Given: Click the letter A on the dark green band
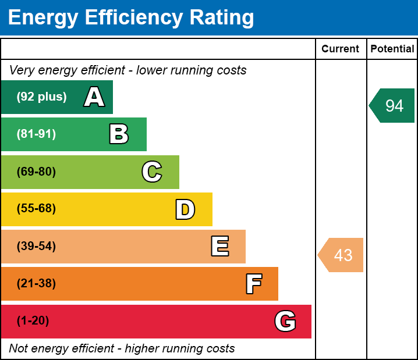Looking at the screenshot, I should coord(94,97).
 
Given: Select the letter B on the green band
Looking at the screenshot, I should coord(119,134).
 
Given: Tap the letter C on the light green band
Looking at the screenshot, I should coord(151,172).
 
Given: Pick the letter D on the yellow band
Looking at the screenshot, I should coord(185,209).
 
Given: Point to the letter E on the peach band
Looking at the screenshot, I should coord(219,247).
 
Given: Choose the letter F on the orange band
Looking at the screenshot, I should coord(253,284).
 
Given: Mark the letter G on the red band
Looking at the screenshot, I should coord(285,321).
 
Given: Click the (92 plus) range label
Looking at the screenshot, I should coord(41,97).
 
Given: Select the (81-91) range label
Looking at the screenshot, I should coord(36,134).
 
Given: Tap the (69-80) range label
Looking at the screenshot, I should coord(36,172).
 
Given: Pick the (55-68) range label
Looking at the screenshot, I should coord(36,209).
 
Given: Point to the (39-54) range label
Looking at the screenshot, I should coord(36,247).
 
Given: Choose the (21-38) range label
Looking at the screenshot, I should coord(36,284).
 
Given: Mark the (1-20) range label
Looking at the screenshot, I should coord(33,321).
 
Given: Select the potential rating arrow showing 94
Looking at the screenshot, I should coord(392,106).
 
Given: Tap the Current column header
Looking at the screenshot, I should coord(341,49).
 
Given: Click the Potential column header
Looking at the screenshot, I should coord(392,49).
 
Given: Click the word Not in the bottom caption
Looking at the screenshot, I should coord(19,348).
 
